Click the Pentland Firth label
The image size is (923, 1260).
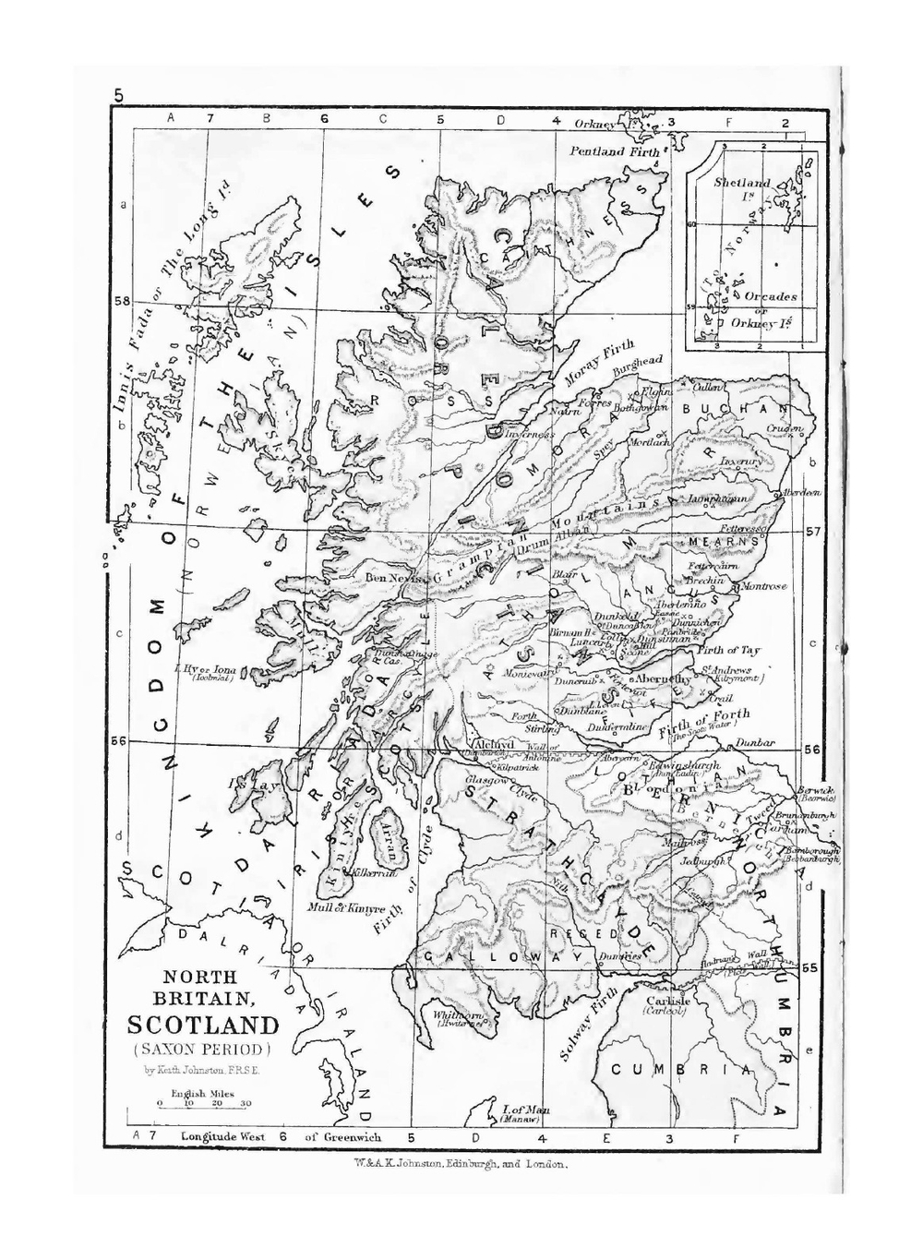click(615, 151)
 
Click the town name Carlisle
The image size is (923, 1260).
click(667, 1001)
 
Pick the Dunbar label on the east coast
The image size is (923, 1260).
click(754, 743)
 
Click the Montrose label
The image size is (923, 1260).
click(763, 587)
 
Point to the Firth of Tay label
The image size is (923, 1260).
click(730, 651)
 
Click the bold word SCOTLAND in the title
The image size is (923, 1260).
click(202, 1026)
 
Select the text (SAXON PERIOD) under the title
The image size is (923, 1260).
click(202, 1050)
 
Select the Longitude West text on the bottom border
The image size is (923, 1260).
click(222, 1137)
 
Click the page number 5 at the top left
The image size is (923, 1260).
click(119, 94)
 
